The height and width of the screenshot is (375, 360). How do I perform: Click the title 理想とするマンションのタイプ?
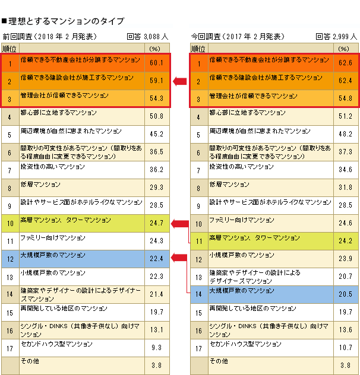point(65,21)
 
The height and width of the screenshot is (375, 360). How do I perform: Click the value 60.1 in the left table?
point(156,62)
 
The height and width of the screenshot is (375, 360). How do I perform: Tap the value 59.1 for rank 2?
point(156,80)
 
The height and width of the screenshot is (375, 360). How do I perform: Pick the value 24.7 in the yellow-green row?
point(156,224)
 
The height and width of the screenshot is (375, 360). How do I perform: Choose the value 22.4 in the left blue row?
point(156,259)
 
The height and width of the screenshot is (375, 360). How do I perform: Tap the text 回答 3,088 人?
point(149,36)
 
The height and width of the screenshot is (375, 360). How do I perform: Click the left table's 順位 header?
point(10,48)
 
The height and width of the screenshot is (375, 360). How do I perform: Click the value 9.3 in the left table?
point(156,348)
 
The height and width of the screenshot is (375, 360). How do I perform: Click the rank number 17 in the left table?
point(10,348)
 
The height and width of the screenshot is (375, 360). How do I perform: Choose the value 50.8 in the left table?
point(156,116)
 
